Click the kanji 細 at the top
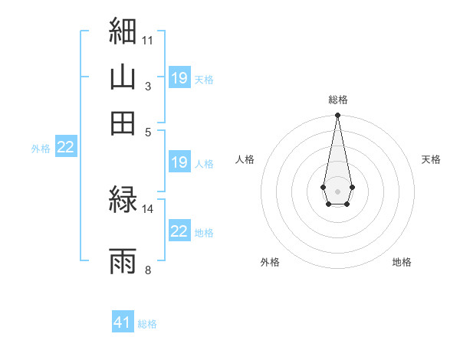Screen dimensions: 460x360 click(x=123, y=31)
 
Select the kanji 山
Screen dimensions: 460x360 click(x=123, y=77)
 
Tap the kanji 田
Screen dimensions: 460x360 click(x=123, y=123)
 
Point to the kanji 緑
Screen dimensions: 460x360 click(x=123, y=199)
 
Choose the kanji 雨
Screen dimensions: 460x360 click(x=123, y=261)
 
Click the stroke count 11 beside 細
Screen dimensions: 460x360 click(x=147, y=41)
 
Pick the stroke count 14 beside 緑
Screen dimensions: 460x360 click(x=147, y=209)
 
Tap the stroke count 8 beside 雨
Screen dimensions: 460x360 click(x=148, y=270)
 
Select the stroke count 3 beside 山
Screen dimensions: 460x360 click(x=148, y=87)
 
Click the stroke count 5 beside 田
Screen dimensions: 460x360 click(x=148, y=133)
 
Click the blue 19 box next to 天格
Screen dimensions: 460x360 click(x=179, y=77)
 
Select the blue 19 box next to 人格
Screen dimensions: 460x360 click(x=179, y=162)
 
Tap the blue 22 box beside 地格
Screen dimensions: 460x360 click(x=179, y=230)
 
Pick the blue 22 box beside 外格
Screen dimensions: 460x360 click(x=66, y=146)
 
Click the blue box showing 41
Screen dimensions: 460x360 click(x=123, y=321)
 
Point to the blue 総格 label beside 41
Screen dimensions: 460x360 click(x=147, y=324)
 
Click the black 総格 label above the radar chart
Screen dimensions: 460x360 click(x=338, y=100)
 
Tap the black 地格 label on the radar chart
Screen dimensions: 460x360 click(x=402, y=262)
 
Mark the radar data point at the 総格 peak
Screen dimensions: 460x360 click(x=337, y=115)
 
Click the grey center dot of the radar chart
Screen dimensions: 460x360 click(x=337, y=191)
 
